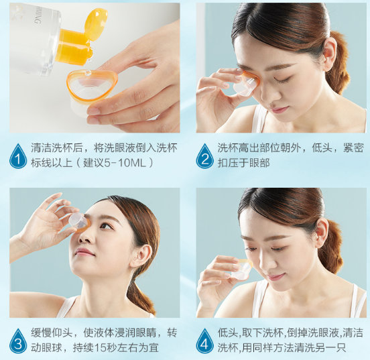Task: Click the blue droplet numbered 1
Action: (18, 156)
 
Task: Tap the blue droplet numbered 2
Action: (204, 156)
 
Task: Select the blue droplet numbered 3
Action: (18, 341)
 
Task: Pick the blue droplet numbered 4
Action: (204, 341)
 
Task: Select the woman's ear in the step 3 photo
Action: (141, 255)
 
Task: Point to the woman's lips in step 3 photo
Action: (84, 252)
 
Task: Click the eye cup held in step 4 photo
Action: (241, 269)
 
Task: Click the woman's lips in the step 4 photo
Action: (275, 276)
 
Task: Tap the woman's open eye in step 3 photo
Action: (105, 226)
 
